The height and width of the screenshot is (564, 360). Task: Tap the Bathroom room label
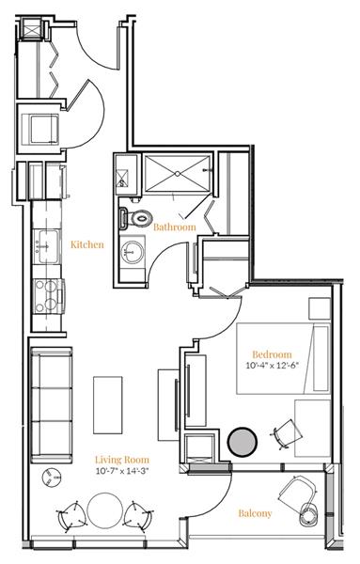(x=175, y=227)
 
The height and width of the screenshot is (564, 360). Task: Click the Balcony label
(x=255, y=513)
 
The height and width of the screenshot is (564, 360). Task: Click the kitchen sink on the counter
(x=45, y=248)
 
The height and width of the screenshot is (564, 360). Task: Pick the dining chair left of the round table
(x=71, y=515)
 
